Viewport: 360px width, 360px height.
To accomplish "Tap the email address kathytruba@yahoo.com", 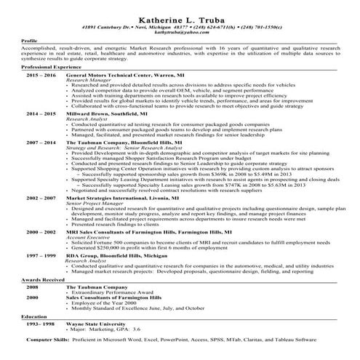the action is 180,31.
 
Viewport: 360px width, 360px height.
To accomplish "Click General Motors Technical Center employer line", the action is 119,75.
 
